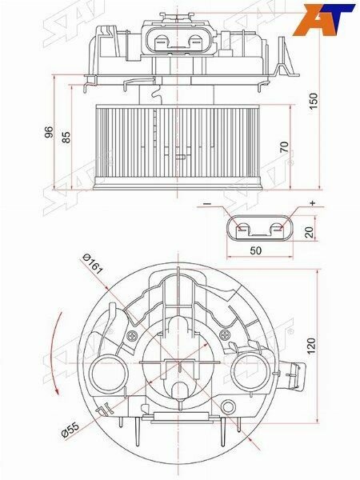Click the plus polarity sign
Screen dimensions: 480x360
tap(312, 203)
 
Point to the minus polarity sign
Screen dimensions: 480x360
tap(206, 206)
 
